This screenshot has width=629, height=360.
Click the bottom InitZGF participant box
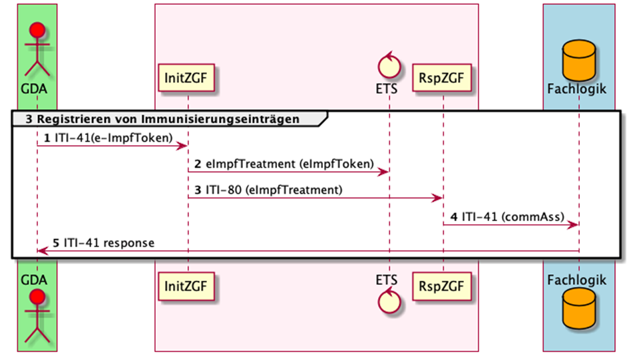[x=187, y=287]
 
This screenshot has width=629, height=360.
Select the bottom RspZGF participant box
[x=443, y=287]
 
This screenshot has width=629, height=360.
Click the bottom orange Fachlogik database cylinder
[x=578, y=321]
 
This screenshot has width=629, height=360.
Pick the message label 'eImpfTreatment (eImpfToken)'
[x=284, y=163]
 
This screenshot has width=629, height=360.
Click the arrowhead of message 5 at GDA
[x=42, y=251]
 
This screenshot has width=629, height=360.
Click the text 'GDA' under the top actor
[x=37, y=88]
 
